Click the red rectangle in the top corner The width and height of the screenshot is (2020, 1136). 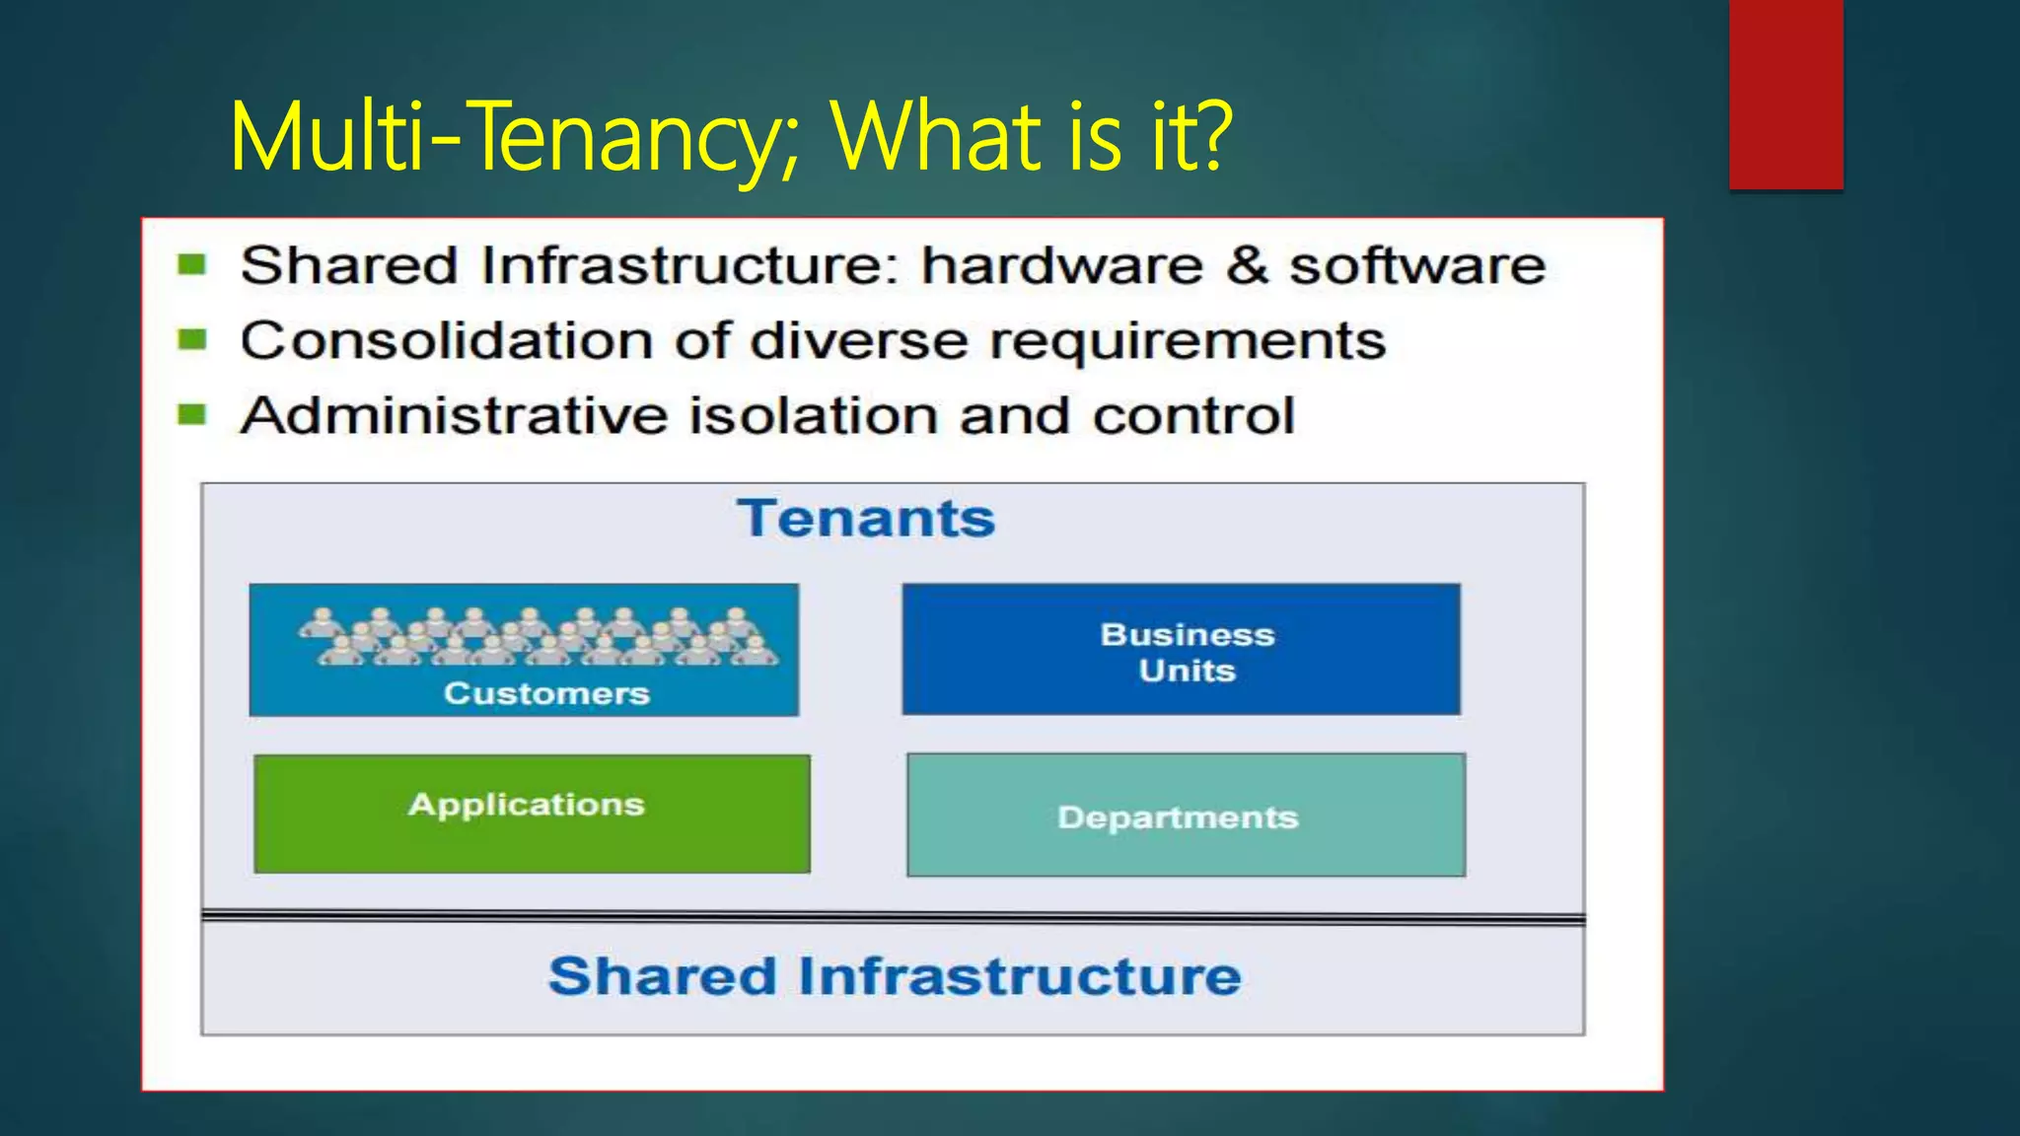1785,94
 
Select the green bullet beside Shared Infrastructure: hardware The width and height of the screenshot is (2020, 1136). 191,264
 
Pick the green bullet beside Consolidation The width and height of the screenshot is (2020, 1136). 191,340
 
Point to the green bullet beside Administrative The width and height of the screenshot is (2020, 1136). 191,415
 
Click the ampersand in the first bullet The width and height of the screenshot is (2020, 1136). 1247,265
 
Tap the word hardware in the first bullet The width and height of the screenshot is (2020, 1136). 1061,265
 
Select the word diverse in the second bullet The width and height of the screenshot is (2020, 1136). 858,341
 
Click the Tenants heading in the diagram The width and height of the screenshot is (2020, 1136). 866,519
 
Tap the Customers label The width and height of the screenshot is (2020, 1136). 546,693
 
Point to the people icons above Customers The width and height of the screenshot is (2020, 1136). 539,636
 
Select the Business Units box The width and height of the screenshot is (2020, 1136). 1181,650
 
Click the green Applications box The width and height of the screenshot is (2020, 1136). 532,814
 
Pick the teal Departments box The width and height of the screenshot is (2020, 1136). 1186,816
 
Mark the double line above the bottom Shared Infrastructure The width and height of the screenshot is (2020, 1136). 893,918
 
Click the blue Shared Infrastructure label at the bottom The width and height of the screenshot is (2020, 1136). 895,976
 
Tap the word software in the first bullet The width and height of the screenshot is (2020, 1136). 1417,265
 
